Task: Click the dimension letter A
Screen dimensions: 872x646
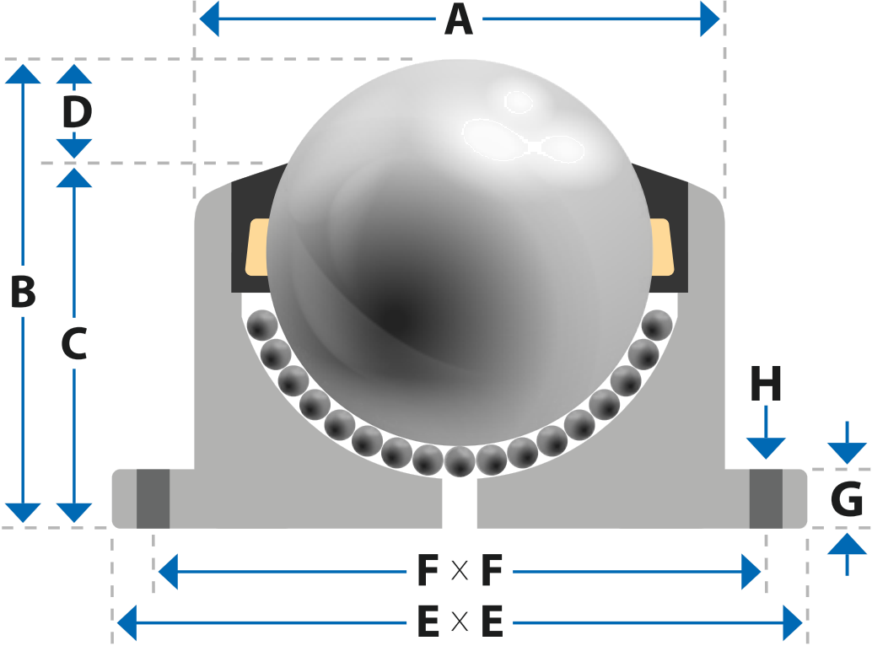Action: (459, 19)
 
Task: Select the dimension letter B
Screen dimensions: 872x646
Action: (23, 291)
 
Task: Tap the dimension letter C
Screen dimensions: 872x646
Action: (74, 343)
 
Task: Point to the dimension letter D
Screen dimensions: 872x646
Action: (77, 112)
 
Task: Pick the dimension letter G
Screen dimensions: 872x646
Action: (847, 498)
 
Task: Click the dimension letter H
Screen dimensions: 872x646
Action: (766, 384)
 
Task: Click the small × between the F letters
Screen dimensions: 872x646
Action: (460, 570)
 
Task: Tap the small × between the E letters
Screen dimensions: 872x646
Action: (460, 622)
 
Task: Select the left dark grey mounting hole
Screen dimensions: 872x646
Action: (153, 498)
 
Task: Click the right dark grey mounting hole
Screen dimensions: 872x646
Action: (766, 498)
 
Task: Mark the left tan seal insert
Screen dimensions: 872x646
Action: (257, 247)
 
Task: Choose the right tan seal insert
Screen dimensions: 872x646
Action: (662, 247)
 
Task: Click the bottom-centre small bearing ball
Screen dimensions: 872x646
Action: (460, 461)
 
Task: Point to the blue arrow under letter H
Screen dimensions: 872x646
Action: (766, 432)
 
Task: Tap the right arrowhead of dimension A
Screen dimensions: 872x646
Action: (709, 19)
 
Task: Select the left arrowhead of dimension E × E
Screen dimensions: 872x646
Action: (126, 622)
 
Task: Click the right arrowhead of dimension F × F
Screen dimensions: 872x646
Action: (751, 571)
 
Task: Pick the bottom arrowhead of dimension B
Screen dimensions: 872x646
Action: (23, 513)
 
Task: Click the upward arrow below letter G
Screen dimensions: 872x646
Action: (847, 554)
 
